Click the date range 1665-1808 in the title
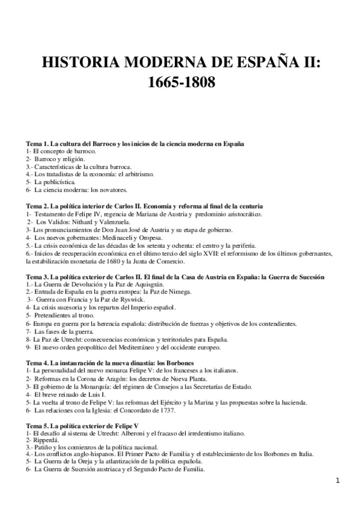[181, 81]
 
